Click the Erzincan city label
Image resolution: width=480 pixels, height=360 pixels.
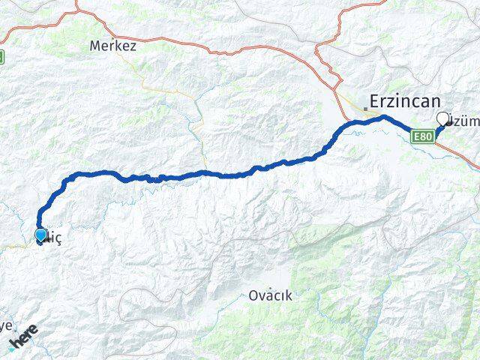point(404,103)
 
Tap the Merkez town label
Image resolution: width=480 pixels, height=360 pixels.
point(112,46)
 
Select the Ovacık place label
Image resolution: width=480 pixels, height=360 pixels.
point(270,295)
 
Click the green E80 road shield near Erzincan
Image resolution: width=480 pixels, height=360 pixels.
point(423,136)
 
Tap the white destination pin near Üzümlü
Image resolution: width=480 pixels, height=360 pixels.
point(442,119)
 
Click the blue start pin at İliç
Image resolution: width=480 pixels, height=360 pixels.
point(40,235)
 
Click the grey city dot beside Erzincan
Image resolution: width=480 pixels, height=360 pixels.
point(365,109)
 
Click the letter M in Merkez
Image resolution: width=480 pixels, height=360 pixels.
point(94,46)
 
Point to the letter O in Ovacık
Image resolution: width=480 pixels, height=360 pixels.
point(253,295)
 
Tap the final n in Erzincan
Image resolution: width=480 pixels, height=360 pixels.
point(434,103)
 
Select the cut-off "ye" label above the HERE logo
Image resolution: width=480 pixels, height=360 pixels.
point(6,326)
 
